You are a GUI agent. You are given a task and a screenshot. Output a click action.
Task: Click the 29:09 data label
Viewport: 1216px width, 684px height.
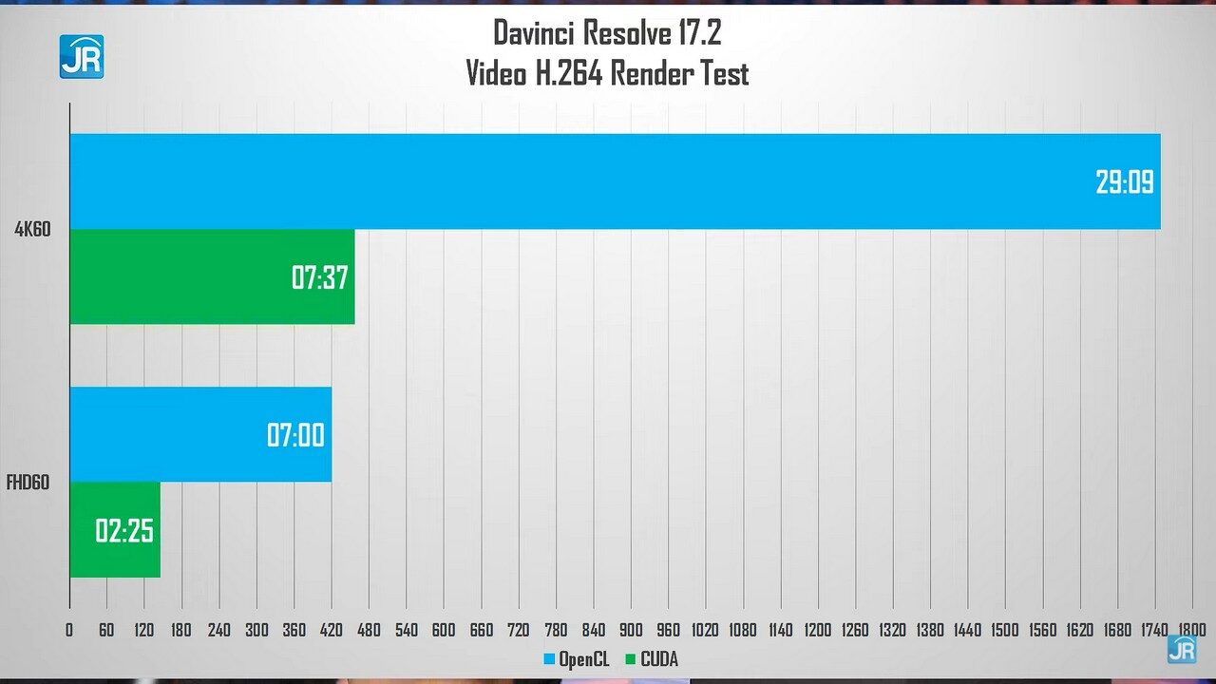[1125, 181]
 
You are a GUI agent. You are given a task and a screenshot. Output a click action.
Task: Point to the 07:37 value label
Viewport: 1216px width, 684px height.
[320, 277]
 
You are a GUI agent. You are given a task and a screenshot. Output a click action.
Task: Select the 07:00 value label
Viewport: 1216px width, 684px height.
[295, 436]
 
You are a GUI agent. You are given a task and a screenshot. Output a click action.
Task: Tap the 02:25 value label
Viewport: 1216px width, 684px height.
[124, 530]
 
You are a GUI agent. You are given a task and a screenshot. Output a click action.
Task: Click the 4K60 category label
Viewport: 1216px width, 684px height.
[31, 229]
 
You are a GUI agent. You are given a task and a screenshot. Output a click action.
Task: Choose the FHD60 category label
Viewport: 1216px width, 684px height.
[28, 483]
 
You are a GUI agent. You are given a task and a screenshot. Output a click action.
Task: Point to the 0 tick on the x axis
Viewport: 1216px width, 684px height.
[69, 630]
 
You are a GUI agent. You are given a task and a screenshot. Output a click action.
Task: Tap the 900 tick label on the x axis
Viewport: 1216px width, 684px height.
[631, 630]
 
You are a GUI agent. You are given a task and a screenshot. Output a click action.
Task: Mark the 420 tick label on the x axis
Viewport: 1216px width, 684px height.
[332, 630]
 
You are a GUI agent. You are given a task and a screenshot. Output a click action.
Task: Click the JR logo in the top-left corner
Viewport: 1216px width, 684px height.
[81, 57]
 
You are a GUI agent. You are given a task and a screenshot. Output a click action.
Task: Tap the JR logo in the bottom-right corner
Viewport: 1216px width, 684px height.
[1183, 651]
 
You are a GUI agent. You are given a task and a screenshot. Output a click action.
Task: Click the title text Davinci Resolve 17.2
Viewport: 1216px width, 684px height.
[607, 33]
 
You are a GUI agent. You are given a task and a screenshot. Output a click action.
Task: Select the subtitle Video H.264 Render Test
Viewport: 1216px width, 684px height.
[607, 73]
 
